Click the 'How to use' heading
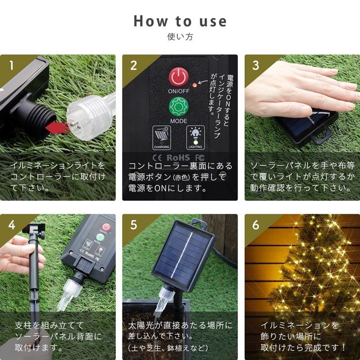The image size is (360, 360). pyautogui.click(x=180, y=21)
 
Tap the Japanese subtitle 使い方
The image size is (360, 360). pyautogui.click(x=180, y=37)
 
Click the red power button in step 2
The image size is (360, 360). pyautogui.click(x=179, y=77)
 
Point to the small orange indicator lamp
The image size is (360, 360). pyautogui.click(x=194, y=85)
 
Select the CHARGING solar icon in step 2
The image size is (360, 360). pyautogui.click(x=162, y=137)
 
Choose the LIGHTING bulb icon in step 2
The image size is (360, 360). pyautogui.click(x=195, y=137)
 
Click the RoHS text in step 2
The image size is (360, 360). pyautogui.click(x=178, y=158)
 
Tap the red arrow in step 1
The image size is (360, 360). pyautogui.click(x=56, y=128)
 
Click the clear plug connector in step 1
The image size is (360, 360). pyautogui.click(x=91, y=117)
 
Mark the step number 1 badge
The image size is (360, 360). pyautogui.click(x=12, y=66)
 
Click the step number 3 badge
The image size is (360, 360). pyautogui.click(x=256, y=66)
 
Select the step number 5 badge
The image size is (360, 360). pyautogui.click(x=134, y=225)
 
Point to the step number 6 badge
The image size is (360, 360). pyautogui.click(x=256, y=225)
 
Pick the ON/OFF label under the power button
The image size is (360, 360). pyautogui.click(x=179, y=91)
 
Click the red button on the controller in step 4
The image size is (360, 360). pyautogui.click(x=106, y=227)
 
